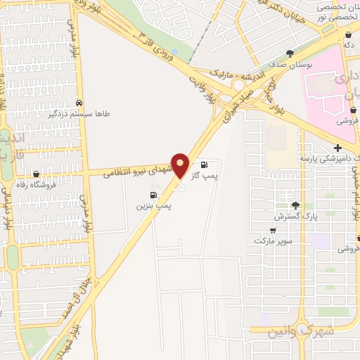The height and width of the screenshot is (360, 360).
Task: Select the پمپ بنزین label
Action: pyautogui.click(x=155, y=206)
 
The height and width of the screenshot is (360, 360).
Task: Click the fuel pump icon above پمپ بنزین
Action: pyautogui.click(x=152, y=195)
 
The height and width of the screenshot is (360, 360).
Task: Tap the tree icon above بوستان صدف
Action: pyautogui.click(x=289, y=53)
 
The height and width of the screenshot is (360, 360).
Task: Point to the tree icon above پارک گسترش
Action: pyautogui.click(x=296, y=206)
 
